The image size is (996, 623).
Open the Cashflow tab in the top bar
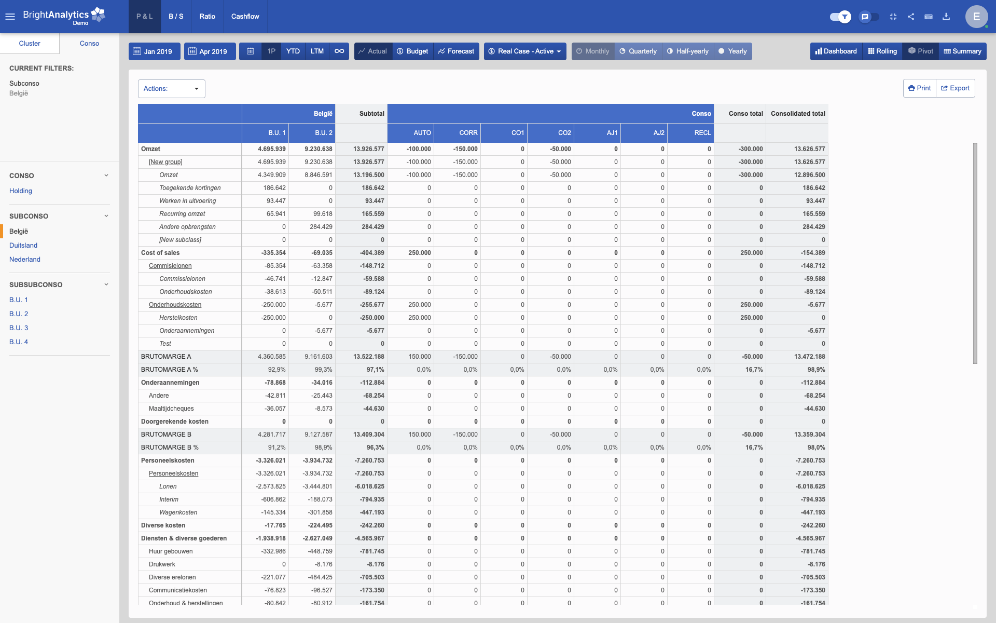[245, 16]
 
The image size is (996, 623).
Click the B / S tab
[176, 16]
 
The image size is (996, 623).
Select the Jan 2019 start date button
[154, 51]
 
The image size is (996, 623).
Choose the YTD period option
[293, 51]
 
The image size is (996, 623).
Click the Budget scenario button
[412, 51]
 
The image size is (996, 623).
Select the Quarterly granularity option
[638, 51]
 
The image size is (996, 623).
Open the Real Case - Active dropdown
[525, 51]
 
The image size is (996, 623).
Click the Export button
[956, 88]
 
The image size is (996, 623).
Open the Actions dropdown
[171, 89]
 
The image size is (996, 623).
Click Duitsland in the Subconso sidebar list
[23, 246]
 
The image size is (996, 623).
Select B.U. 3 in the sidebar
[19, 328]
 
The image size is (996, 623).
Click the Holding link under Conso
[21, 191]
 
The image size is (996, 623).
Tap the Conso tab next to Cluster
[89, 44]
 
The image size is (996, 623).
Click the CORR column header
[468, 133]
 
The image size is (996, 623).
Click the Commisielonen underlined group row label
[170, 266]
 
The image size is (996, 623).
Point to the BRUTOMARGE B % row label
[170, 448]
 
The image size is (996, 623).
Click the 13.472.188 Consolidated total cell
[809, 357]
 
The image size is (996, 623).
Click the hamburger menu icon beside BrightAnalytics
[10, 17]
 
